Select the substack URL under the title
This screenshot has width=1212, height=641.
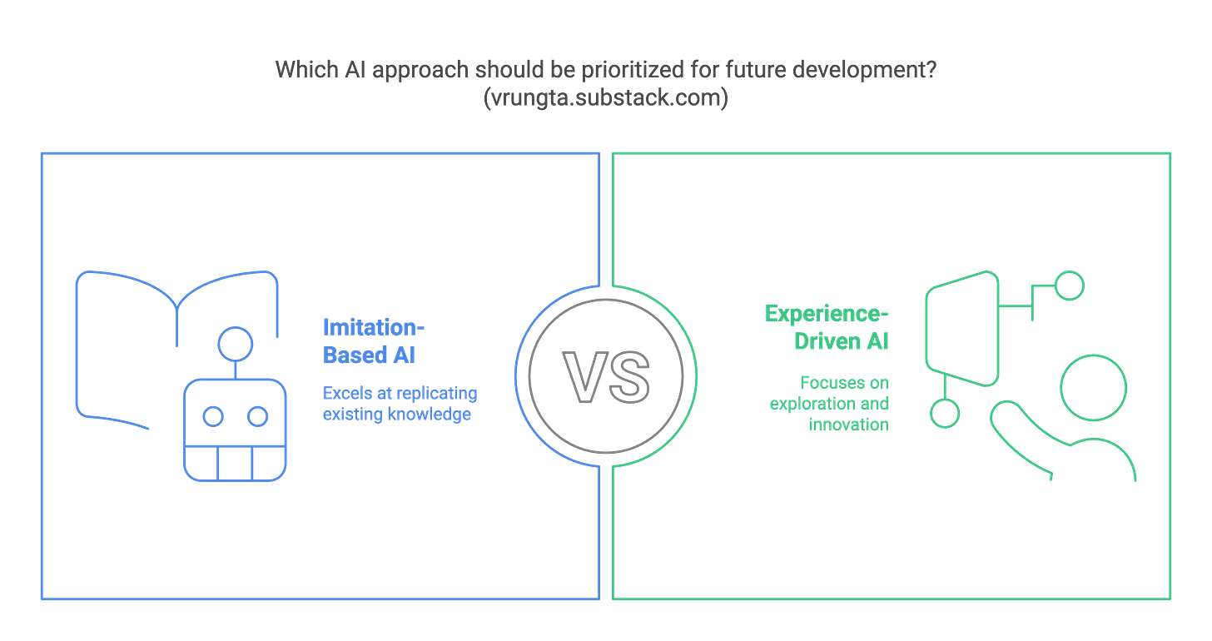(x=605, y=97)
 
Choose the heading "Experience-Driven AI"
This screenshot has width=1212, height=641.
(x=827, y=327)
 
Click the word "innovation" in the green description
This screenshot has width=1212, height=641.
(x=848, y=424)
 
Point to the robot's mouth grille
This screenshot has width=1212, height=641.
(x=236, y=463)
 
